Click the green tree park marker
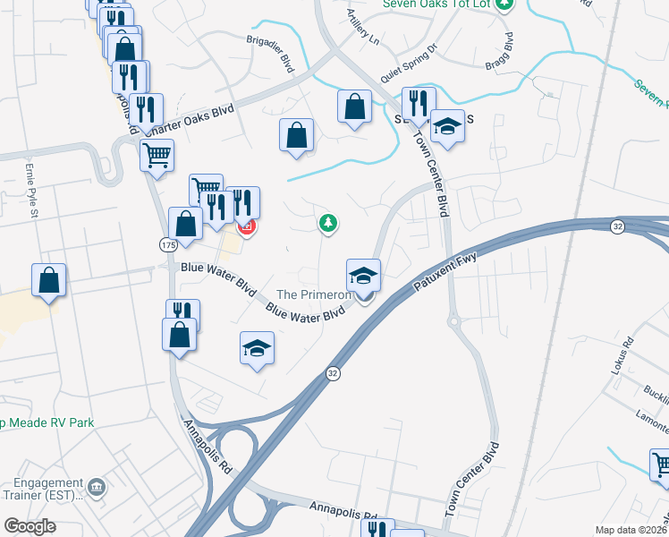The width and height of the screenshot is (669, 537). (328, 223)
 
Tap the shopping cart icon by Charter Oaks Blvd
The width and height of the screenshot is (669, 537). (157, 156)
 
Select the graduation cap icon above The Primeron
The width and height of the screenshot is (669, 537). (364, 275)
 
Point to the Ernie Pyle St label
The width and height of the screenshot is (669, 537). (33, 198)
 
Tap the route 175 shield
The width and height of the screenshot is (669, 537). (168, 244)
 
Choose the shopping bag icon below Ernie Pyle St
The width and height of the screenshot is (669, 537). (48, 279)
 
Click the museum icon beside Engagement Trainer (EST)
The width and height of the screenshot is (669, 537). (97, 489)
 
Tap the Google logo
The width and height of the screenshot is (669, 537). (30, 527)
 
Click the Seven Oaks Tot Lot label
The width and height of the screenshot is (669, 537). (437, 4)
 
